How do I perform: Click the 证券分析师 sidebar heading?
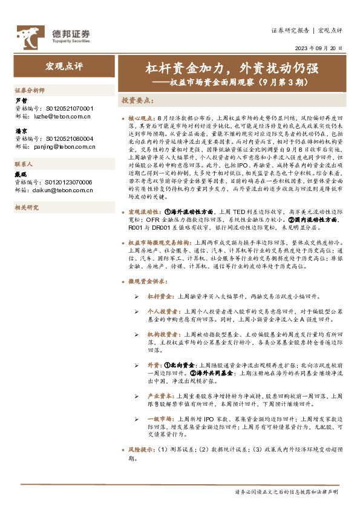pyautogui.click(x=30, y=89)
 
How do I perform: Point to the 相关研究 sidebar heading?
pyautogui.click(x=26, y=207)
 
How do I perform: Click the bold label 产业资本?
pyautogui.click(x=159, y=394)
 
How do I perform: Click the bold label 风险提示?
pyautogui.click(x=142, y=450)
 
